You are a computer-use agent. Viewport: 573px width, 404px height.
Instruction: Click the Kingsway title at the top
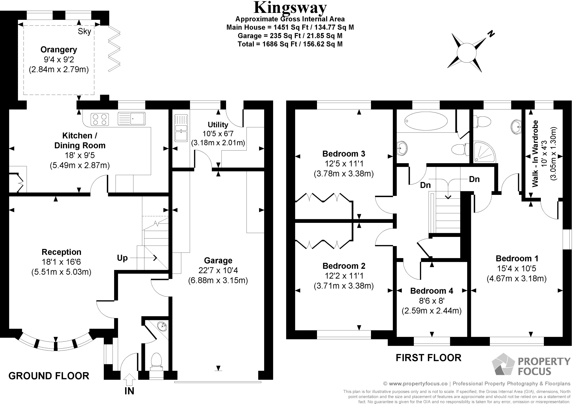pyautogui.click(x=290, y=8)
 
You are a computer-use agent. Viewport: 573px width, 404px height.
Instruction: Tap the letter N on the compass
pyautogui.click(x=491, y=34)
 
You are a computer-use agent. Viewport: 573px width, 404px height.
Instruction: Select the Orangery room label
pyautogui.click(x=59, y=50)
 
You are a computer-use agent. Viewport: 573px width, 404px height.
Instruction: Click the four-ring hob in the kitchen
pyautogui.click(x=100, y=119)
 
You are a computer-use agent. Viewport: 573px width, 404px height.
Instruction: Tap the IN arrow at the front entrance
pyautogui.click(x=129, y=380)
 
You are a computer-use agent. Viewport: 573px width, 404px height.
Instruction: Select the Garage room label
pyautogui.click(x=218, y=261)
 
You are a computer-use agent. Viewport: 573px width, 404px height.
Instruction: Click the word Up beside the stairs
pyautogui.click(x=122, y=258)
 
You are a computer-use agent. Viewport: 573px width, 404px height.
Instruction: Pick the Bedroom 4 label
pyautogui.click(x=431, y=291)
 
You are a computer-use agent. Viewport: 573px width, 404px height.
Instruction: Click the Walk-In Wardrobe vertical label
pyautogui.click(x=535, y=154)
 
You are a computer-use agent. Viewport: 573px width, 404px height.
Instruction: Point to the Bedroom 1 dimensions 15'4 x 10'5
pyautogui.click(x=516, y=269)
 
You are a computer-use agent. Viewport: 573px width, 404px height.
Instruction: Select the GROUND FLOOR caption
pyautogui.click(x=49, y=376)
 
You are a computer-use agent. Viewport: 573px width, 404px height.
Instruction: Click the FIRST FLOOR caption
pyautogui.click(x=428, y=358)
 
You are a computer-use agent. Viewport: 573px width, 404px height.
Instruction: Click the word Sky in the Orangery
pyautogui.click(x=84, y=31)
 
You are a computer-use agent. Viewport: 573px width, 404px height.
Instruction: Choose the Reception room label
pyautogui.click(x=61, y=252)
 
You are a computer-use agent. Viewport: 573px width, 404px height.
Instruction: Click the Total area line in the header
pyautogui.click(x=290, y=44)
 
